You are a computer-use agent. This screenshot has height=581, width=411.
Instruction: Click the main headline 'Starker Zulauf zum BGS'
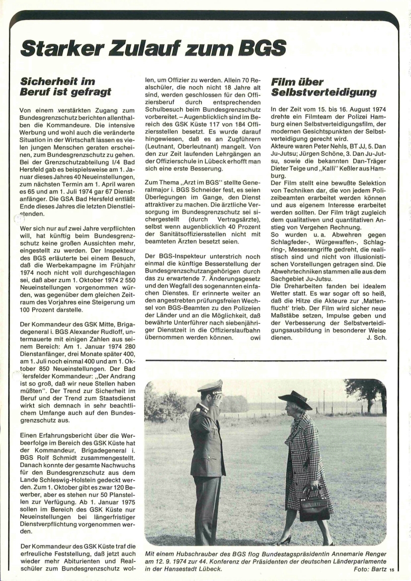[153, 48]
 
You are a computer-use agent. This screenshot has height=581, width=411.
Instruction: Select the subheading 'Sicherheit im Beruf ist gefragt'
[66, 87]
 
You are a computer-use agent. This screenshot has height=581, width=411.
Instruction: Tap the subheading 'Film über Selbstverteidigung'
[323, 87]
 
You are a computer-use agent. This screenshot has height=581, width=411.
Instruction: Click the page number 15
[392, 569]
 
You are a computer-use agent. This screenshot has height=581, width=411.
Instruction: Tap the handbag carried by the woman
[314, 507]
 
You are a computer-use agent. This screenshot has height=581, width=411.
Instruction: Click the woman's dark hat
[296, 400]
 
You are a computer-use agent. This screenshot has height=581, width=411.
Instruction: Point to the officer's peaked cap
[210, 387]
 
